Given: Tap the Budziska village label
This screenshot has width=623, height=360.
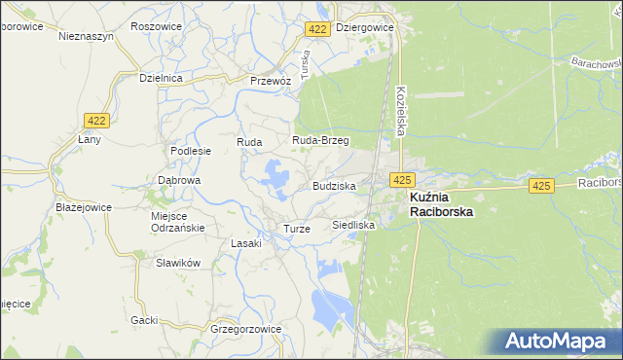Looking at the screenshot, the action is [x=334, y=185].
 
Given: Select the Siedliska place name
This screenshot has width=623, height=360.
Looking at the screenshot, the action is [x=353, y=224].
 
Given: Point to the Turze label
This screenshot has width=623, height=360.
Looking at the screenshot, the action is [x=296, y=228].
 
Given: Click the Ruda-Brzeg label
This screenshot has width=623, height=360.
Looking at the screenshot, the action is [x=320, y=140].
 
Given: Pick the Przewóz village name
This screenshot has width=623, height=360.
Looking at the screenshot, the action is [x=271, y=81].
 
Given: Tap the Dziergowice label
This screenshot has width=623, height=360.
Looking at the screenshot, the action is [x=364, y=28].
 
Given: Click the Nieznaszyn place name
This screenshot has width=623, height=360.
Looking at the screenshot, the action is [x=86, y=35].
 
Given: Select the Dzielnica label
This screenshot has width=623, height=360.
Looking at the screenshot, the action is [x=162, y=77].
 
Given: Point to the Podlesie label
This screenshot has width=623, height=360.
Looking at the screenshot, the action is [x=191, y=151].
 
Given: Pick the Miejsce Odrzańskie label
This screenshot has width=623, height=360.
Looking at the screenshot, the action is [x=176, y=221].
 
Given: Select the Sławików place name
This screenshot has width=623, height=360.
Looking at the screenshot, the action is [x=178, y=263].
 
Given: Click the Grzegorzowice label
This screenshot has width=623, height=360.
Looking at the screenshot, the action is [x=245, y=329].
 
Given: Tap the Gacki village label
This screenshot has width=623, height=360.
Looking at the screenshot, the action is [x=144, y=319].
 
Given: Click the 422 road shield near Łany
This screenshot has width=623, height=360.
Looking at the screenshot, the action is [x=95, y=120].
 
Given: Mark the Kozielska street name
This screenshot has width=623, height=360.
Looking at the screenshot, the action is [x=400, y=110].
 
